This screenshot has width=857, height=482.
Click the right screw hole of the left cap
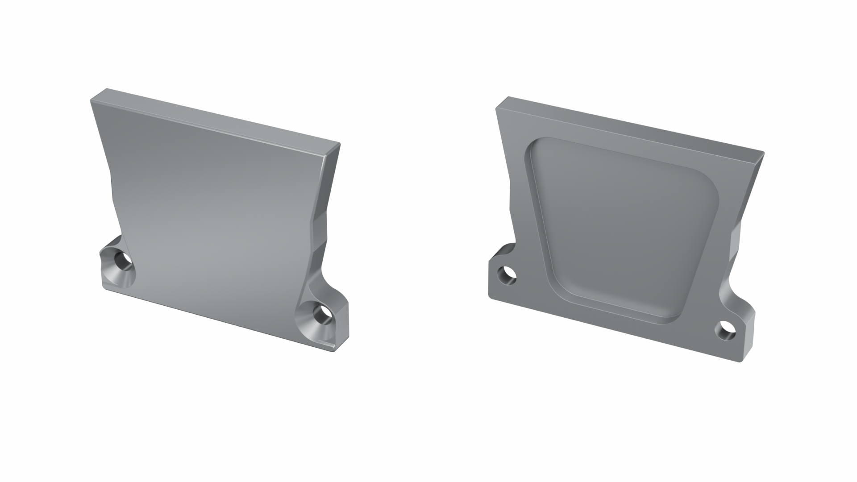(x=320, y=314)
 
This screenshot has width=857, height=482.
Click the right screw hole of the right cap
(x=726, y=330)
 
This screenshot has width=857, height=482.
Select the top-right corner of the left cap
(x=339, y=144)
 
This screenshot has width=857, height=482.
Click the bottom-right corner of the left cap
(x=335, y=351)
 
